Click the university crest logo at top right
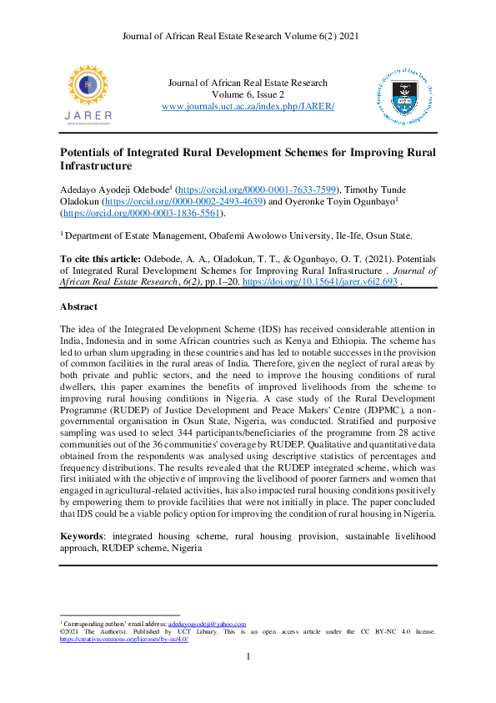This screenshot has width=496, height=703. [x=406, y=95]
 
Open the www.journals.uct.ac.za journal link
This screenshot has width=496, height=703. [x=248, y=107]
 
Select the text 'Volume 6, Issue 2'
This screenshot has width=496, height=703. [x=248, y=94]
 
